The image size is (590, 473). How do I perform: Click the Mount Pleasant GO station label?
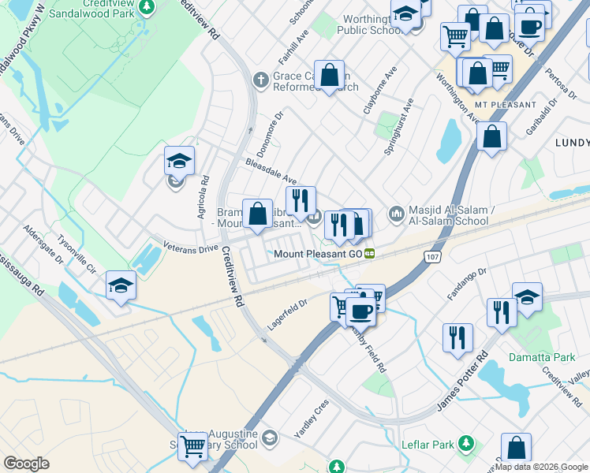[318, 254]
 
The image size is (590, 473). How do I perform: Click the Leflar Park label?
[431, 444]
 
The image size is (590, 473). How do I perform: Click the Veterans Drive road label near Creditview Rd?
[190, 248]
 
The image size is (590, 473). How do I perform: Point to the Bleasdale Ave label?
[271, 168]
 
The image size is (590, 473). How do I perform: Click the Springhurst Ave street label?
[398, 125]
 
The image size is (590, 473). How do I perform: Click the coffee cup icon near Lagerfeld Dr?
[361, 311]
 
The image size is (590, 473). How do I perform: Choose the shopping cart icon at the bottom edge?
[192, 446]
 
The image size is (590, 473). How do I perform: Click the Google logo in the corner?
[26, 464]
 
